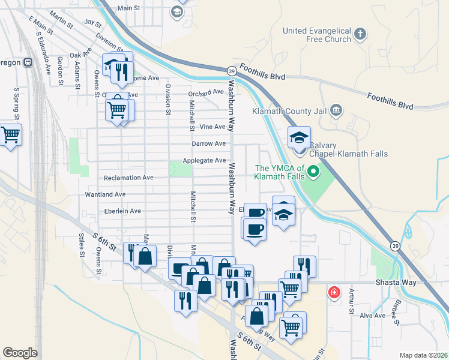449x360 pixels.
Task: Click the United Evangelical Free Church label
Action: click(x=317, y=35)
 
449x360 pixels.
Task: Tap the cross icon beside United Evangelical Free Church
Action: click(x=360, y=34)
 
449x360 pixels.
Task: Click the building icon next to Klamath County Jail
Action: click(x=336, y=110)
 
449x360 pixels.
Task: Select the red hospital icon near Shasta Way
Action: click(x=334, y=293)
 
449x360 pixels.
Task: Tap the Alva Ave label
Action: click(x=372, y=315)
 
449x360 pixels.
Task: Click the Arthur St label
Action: click(x=352, y=304)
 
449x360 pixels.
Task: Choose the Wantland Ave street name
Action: click(x=105, y=194)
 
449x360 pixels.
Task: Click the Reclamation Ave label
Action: click(x=128, y=178)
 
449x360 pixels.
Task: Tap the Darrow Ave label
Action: click(x=208, y=144)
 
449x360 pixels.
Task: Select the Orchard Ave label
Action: click(x=205, y=93)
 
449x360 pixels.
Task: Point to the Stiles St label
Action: click(x=82, y=245)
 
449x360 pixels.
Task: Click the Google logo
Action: click(x=20, y=353)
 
